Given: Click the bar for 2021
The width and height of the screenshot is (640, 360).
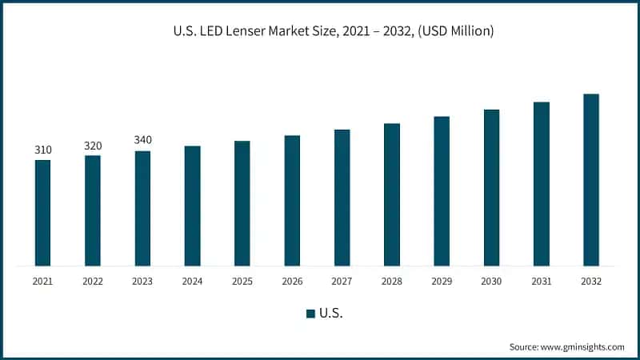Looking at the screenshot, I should tap(42, 213).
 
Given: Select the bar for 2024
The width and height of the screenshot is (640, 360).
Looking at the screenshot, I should tap(192, 206).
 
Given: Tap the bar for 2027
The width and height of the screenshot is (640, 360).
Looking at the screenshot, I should tap(342, 198).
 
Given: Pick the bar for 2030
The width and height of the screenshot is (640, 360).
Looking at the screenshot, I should tap(491, 187).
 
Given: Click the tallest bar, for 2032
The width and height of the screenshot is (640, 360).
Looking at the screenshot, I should tap(591, 180).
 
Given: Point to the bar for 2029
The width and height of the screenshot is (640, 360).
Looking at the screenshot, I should tap(442, 191).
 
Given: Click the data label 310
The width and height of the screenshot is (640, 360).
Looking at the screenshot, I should tap(42, 150).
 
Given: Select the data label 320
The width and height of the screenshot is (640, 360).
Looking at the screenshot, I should tap(93, 146).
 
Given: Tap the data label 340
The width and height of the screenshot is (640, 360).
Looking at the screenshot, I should tap(142, 140).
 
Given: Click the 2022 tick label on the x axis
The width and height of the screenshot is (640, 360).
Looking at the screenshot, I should tap(93, 282).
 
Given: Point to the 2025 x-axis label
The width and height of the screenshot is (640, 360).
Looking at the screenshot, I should tap(242, 282).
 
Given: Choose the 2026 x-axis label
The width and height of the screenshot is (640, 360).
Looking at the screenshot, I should tap(292, 282).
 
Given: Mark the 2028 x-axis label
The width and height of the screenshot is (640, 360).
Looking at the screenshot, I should tap(391, 282).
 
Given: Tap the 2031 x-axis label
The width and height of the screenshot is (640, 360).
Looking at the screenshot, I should tap(542, 282).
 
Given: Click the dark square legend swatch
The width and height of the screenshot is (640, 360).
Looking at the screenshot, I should tap(310, 314).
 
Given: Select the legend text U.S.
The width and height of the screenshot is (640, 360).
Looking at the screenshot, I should tap(330, 314).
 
